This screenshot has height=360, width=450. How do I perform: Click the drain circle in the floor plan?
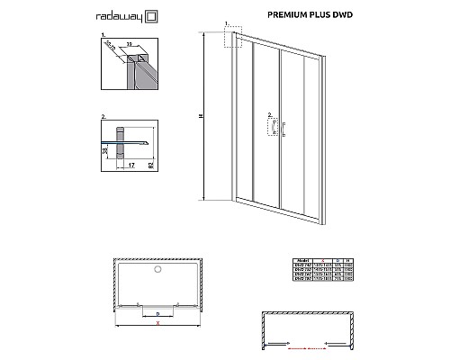pyautogui.click(x=157, y=269)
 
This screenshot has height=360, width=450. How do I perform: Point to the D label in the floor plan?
pyautogui.click(x=160, y=311)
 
